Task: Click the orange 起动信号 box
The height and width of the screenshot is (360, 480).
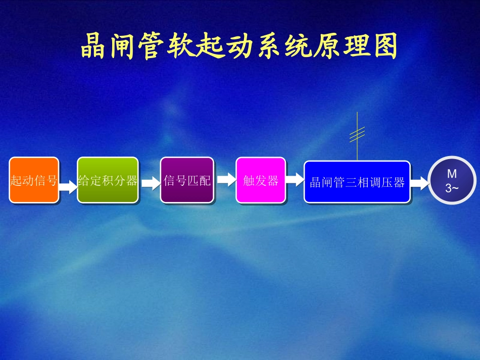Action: [x=34, y=180]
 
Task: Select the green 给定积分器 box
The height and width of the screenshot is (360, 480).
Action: [x=108, y=180]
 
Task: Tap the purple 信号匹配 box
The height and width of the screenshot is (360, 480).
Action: [x=187, y=180]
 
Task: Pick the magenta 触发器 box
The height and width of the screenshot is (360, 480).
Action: [x=261, y=180]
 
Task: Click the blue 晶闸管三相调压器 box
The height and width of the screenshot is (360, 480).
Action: [x=357, y=182]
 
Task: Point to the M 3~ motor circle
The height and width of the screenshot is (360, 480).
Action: [x=452, y=181]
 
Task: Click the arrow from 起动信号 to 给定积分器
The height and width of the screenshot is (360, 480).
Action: [x=68, y=187]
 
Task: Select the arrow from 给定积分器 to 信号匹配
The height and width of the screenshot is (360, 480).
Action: [x=150, y=182]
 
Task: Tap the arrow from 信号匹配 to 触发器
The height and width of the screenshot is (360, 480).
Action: [x=226, y=179]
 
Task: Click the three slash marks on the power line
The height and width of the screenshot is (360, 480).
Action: [x=357, y=134]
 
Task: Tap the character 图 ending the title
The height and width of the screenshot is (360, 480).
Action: [x=386, y=46]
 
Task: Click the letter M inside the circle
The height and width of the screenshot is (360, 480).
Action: [x=452, y=174]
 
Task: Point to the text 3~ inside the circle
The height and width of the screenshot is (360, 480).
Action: [x=452, y=188]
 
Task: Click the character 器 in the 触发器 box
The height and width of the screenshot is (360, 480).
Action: [x=273, y=181]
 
